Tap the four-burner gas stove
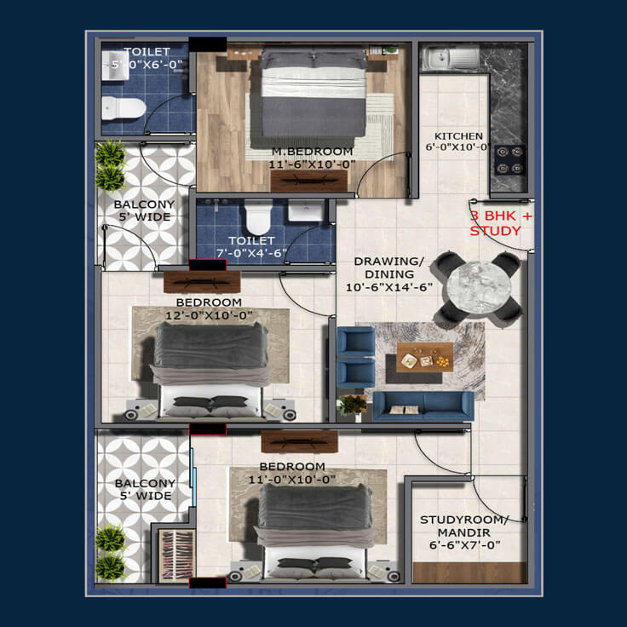(509, 160)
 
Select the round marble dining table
(479, 287)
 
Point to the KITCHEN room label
(458, 136)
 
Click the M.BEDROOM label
(313, 152)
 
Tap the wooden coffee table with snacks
(424, 357)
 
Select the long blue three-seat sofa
(423, 406)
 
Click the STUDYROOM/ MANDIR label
(464, 526)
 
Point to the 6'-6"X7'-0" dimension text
(464, 545)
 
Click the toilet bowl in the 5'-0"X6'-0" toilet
(124, 108)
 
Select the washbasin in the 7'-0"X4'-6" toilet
(306, 211)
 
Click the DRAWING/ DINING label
(389, 267)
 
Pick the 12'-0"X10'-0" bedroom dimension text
(209, 315)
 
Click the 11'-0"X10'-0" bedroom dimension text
(292, 480)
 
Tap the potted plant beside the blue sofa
(352, 405)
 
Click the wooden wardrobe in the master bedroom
(309, 181)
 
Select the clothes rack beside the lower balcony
(176, 555)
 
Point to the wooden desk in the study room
(469, 572)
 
